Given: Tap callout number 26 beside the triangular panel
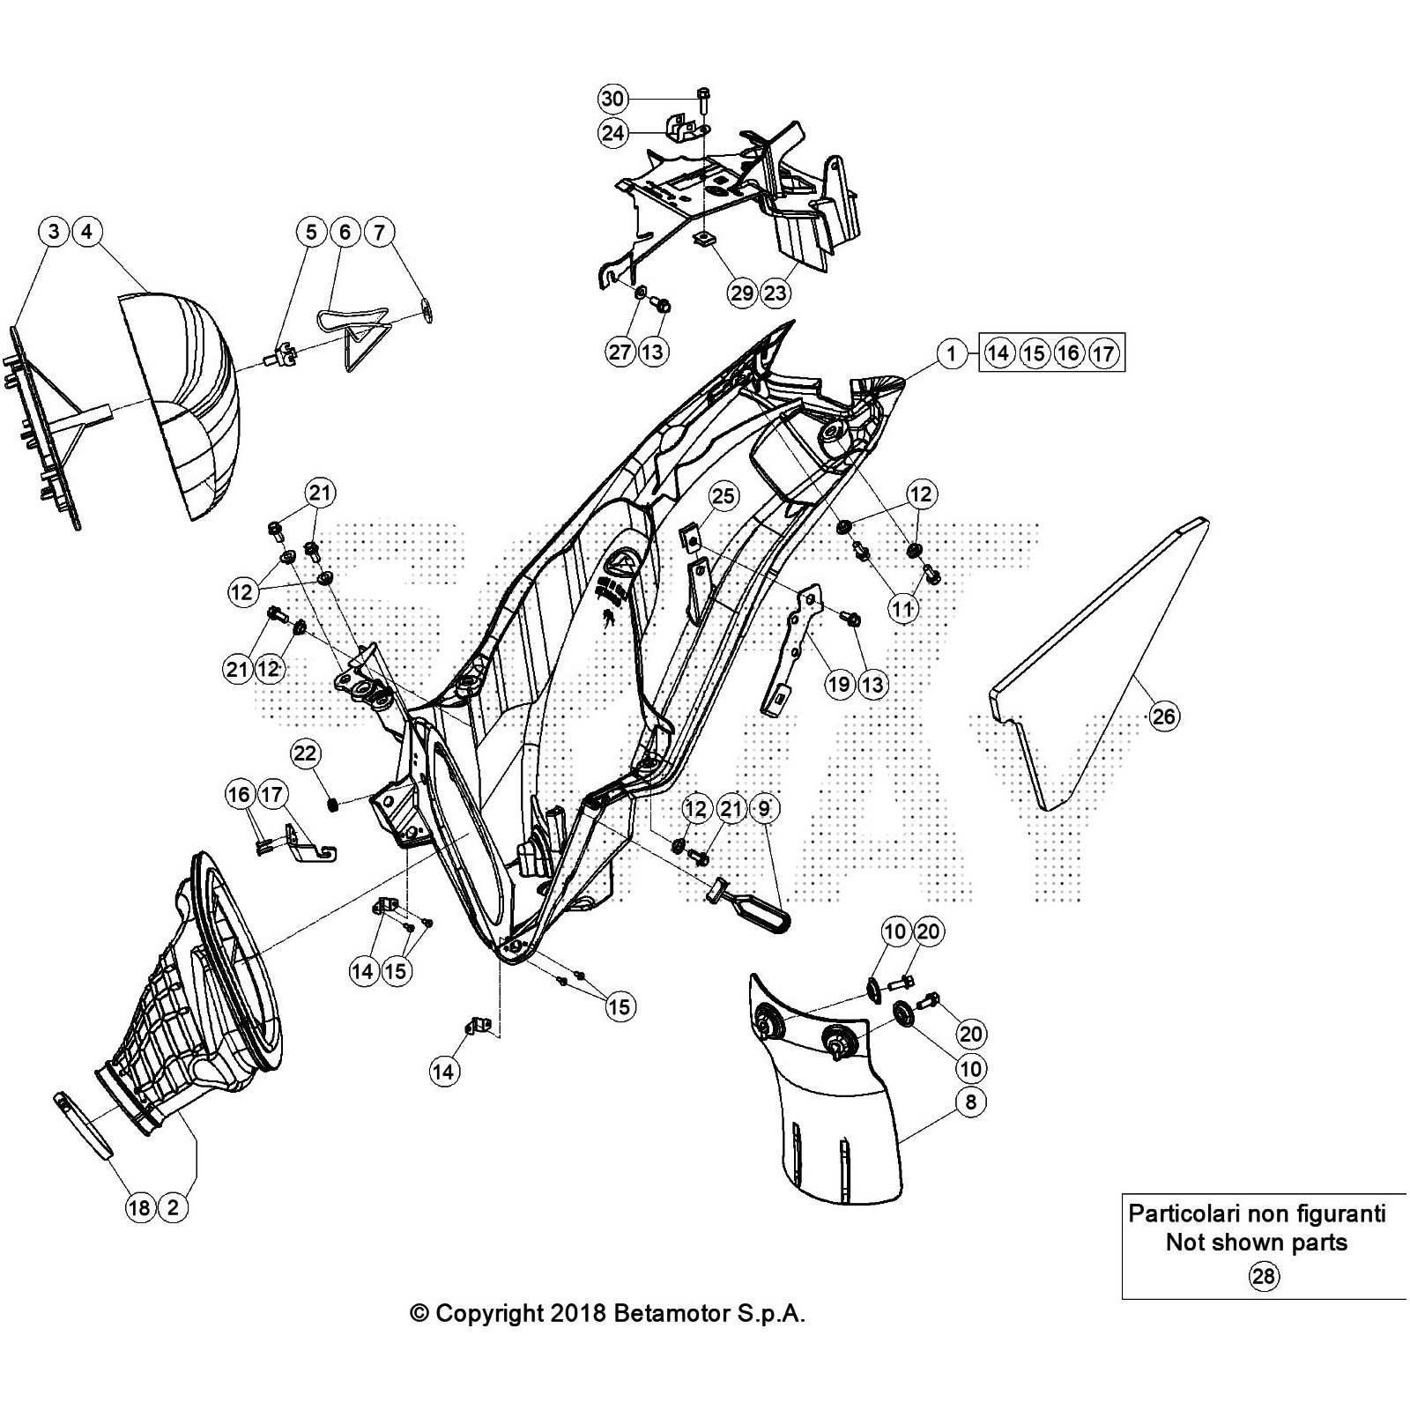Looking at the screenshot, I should coord(1164,716).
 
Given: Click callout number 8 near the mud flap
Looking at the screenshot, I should coord(970,1102).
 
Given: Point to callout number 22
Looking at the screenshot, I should coord(306,754).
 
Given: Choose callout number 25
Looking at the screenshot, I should coord(723,496).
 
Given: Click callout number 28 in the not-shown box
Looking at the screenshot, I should coord(1265,1276).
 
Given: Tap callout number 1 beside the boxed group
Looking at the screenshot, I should coord(952,354).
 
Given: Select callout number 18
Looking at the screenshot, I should coord(140,1207).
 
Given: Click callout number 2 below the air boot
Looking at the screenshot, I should coord(174,1207).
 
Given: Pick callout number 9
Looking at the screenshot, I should coord(764,808).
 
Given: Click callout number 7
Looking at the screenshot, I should coord(379,233).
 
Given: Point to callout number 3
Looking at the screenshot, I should coord(55,232).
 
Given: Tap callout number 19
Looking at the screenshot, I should coord(840,684).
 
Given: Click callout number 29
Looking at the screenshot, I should coord(742,293).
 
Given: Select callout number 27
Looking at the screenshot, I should coord(620,352).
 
